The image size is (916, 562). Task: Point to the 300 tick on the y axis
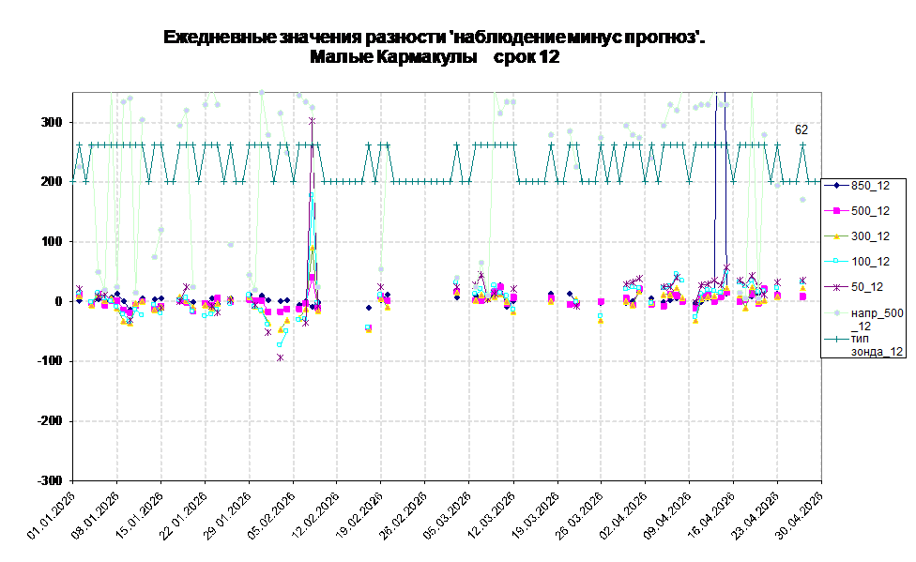(x=52, y=122)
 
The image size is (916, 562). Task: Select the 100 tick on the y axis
(x=52, y=241)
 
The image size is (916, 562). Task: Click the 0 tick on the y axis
(x=58, y=301)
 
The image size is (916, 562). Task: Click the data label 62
(x=801, y=130)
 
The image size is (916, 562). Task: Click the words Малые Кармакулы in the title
(x=393, y=57)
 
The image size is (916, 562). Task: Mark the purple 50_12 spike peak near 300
(x=312, y=121)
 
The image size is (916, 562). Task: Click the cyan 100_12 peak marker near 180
(x=312, y=195)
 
